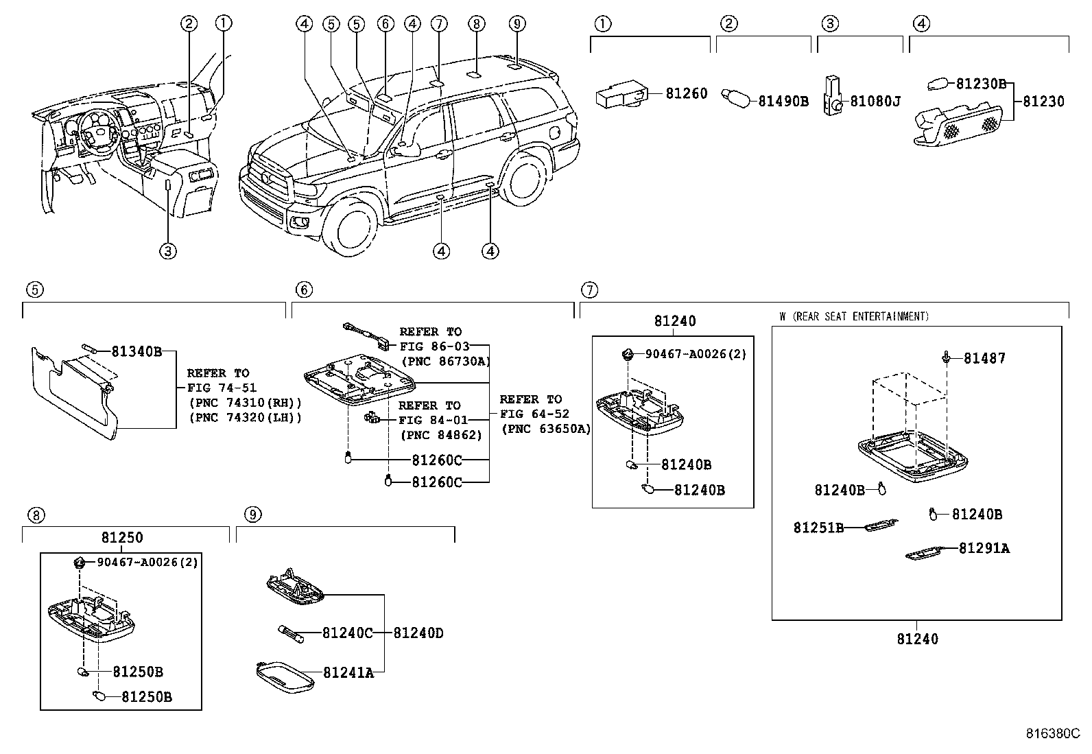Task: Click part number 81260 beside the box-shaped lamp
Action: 687,93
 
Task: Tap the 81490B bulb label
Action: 783,102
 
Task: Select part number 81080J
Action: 875,102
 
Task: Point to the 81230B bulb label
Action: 981,84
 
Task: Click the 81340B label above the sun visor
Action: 136,352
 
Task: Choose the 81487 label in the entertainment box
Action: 985,358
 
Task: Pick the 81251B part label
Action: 818,528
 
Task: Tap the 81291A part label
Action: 984,549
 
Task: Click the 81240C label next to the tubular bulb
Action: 348,633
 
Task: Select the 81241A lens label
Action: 348,673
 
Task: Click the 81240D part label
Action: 418,633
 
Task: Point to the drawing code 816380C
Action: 1053,733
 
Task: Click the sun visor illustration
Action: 75,392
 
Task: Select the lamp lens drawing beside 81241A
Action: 285,677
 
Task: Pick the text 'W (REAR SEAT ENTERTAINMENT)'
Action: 854,316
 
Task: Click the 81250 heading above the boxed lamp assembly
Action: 122,537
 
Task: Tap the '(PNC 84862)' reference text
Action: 441,435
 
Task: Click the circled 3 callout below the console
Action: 168,251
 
